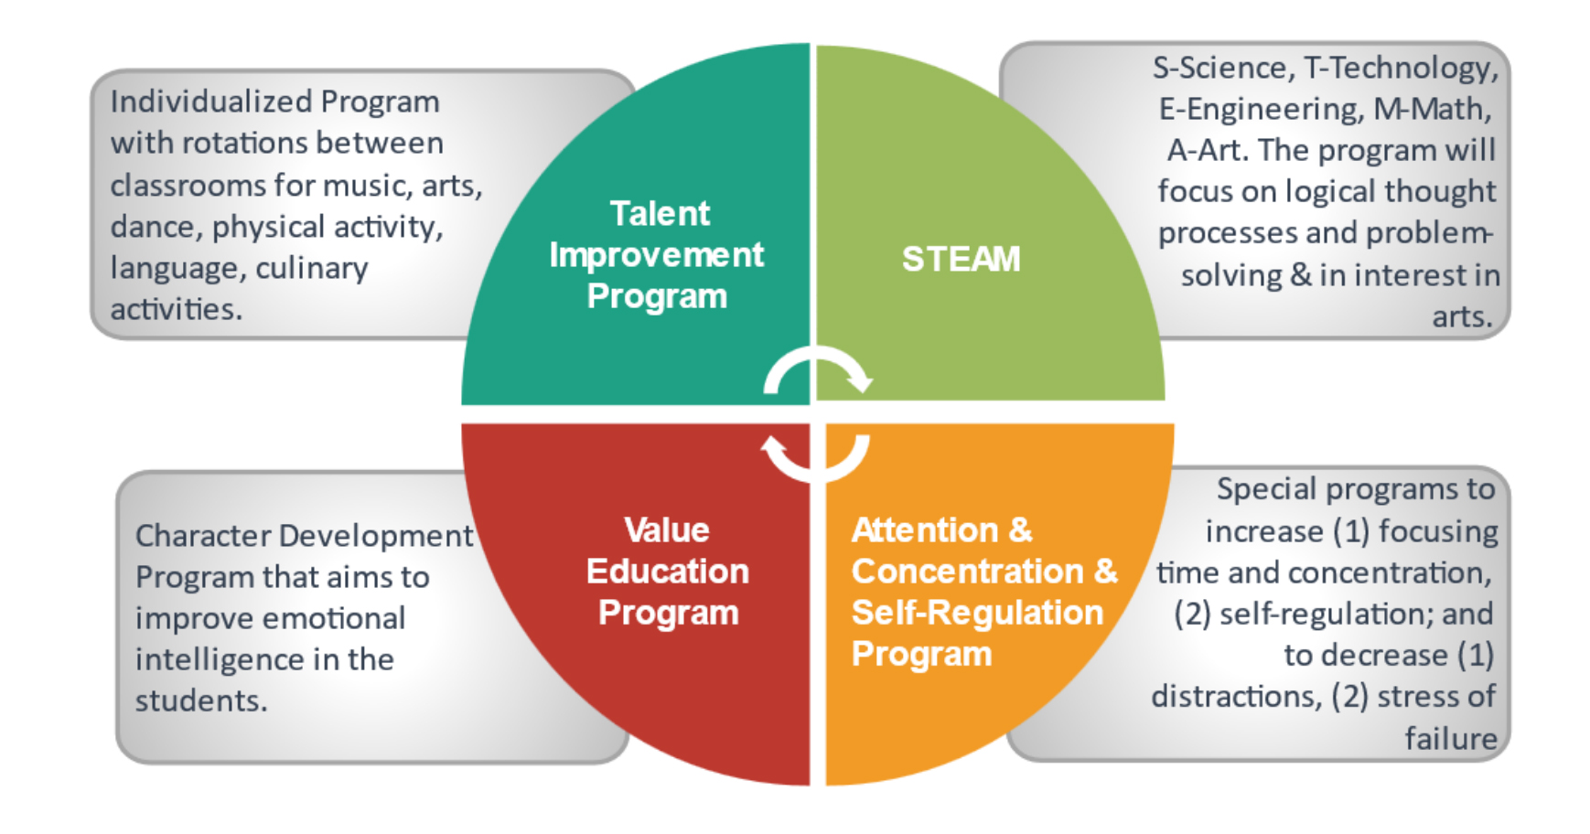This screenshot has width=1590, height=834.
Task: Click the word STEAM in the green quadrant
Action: (x=961, y=259)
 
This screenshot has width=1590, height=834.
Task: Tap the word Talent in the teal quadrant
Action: (x=660, y=213)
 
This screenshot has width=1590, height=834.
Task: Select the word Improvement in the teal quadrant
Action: (x=656, y=254)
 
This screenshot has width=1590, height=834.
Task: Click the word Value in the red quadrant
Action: (x=667, y=529)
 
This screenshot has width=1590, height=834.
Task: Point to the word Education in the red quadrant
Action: (x=668, y=571)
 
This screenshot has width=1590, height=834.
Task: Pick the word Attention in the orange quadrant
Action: (x=925, y=529)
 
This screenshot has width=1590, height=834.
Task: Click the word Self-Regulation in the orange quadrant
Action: (x=977, y=612)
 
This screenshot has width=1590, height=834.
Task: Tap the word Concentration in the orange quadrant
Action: (x=968, y=571)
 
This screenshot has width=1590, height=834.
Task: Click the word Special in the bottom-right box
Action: (x=1266, y=489)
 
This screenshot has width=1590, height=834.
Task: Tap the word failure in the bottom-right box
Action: (x=1452, y=737)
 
